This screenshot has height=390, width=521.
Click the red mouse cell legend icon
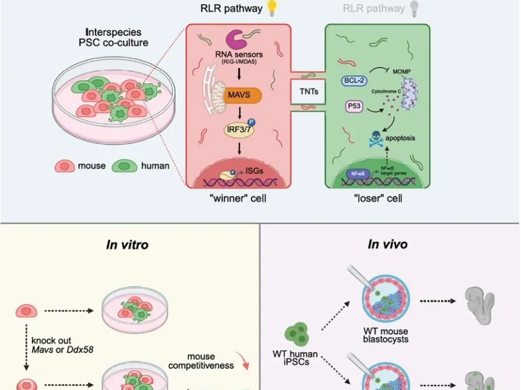pyautogui.click(x=65, y=166)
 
